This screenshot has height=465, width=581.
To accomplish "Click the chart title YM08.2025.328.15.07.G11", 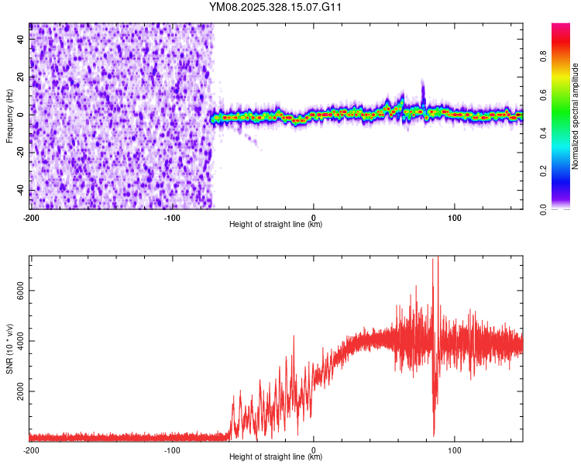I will (x=276, y=8).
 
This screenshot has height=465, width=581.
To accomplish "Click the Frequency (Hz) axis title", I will (x=9, y=115).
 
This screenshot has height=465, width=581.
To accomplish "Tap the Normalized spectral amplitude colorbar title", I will (x=575, y=115).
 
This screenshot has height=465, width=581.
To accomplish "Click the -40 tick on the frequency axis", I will (x=19, y=190).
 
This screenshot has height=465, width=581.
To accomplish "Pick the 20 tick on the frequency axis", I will (x=21, y=77).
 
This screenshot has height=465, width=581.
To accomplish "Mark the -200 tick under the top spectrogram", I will (x=30, y=217).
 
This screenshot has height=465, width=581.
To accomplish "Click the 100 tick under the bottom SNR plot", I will (x=455, y=449).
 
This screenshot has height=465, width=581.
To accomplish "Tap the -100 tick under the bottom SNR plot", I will (x=172, y=449).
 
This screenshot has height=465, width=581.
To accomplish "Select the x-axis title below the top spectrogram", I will (x=276, y=225).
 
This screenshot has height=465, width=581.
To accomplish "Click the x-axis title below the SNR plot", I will (x=276, y=457).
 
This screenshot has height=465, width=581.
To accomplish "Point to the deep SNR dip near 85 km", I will (x=434, y=430).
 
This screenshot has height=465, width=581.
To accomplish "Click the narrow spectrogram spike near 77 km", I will (x=423, y=89).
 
